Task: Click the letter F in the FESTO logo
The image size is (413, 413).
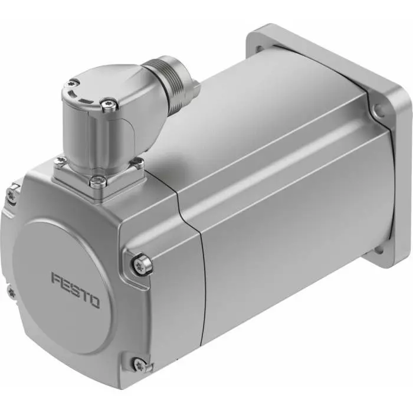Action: click(x=56, y=278)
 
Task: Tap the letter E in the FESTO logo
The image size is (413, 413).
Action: click(x=66, y=284)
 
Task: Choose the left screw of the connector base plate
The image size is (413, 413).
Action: click(x=60, y=159)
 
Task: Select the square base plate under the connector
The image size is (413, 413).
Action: click(x=100, y=171)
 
